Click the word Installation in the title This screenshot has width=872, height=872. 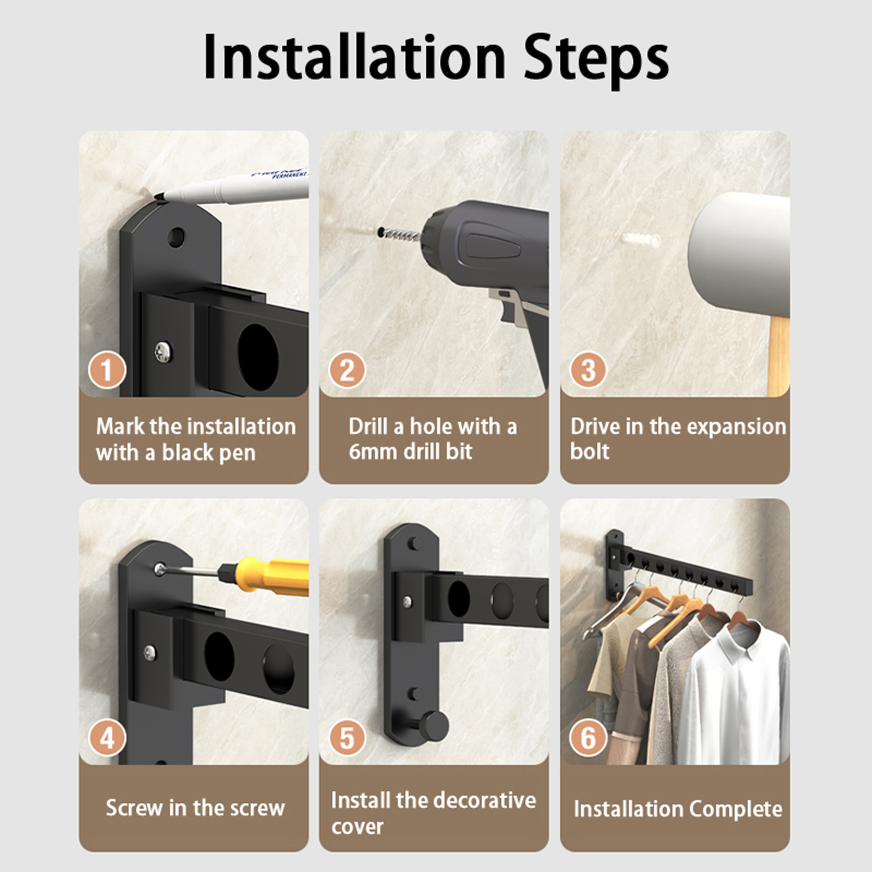355,57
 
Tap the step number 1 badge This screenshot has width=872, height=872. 107,371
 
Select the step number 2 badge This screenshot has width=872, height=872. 347,371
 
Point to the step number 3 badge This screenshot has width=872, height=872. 588,370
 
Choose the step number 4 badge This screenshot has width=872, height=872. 107,738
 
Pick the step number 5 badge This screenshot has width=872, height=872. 347,738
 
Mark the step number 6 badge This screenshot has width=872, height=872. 588,738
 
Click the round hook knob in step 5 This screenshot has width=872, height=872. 435,725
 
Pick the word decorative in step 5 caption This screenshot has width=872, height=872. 484,801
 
